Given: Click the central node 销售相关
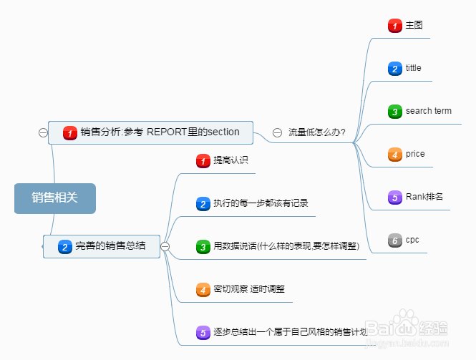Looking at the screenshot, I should [54, 198].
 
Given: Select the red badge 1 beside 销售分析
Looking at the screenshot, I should [69, 132].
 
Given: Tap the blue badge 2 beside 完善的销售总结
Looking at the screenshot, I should [64, 246].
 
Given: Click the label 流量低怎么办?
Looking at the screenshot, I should [317, 132].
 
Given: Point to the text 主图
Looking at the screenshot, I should [414, 25].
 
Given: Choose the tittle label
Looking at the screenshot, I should [413, 68].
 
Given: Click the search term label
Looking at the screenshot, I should [428, 111].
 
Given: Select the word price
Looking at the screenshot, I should [415, 154].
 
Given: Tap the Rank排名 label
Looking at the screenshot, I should [424, 197].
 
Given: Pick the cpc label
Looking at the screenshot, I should [412, 240].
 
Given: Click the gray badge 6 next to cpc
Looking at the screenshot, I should [394, 240].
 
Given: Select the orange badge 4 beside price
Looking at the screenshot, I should [394, 155].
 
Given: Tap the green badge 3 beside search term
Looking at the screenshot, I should [394, 112].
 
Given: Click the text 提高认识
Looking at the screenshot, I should [230, 160].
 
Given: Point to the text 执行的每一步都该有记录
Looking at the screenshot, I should [261, 203].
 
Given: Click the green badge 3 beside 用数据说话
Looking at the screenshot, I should [203, 247].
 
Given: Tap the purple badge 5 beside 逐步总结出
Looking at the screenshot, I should [203, 333].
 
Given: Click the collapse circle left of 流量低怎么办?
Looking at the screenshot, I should [277, 132].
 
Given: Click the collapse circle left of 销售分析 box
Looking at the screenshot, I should [43, 132].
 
